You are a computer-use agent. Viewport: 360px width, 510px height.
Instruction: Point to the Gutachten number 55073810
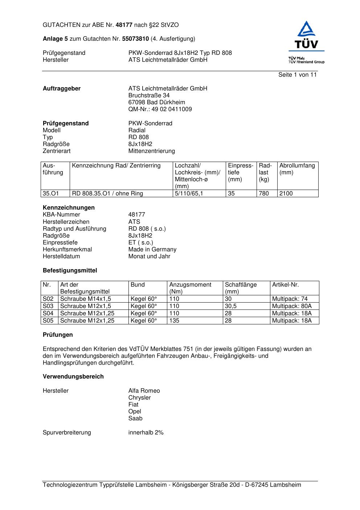(x=135, y=39)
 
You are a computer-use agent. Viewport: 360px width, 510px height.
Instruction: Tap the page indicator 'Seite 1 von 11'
(x=297, y=75)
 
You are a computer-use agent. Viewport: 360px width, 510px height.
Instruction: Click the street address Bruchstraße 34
(x=149, y=96)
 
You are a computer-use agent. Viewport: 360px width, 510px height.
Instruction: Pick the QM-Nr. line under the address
(x=160, y=109)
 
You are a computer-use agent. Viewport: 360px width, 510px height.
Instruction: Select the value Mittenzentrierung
(x=151, y=151)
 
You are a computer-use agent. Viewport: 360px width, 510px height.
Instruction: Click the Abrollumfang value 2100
(x=286, y=194)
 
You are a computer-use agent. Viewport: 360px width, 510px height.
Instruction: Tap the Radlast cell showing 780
(x=264, y=194)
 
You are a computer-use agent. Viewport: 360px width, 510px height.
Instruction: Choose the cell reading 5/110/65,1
(x=189, y=194)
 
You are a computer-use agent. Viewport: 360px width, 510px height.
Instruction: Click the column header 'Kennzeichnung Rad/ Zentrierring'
(x=116, y=166)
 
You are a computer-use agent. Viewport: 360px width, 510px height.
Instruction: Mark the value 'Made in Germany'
(x=152, y=250)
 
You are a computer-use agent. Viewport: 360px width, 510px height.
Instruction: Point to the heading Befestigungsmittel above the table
(x=70, y=271)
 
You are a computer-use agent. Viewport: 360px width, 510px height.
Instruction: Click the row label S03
(x=48, y=306)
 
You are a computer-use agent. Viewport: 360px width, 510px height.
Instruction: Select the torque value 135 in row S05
(x=174, y=321)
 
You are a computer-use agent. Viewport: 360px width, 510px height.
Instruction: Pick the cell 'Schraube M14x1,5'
(x=86, y=299)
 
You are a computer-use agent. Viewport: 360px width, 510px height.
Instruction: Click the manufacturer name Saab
(x=135, y=418)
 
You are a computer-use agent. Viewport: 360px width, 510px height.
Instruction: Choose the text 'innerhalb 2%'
(x=146, y=433)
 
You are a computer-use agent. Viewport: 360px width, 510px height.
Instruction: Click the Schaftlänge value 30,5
(x=231, y=306)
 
